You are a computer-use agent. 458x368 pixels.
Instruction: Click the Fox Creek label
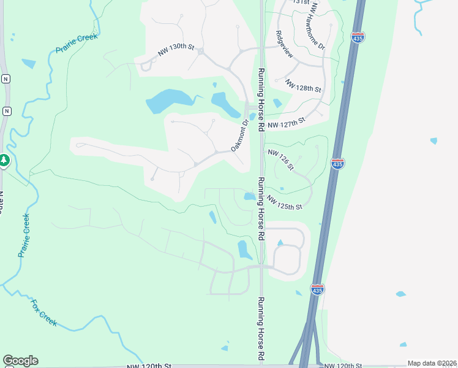45,312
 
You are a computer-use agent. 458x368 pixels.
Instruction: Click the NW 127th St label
285,122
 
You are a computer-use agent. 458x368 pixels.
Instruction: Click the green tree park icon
4,160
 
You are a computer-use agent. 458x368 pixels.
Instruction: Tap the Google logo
20,361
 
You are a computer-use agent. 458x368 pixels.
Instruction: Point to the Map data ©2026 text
432,363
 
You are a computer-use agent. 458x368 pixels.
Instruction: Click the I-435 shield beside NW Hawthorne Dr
359,37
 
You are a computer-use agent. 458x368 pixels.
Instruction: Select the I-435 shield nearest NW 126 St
337,163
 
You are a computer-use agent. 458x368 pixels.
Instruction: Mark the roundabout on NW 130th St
200,52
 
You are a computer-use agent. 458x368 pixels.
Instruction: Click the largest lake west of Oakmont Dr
167,101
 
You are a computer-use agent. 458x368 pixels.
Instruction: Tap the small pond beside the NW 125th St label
249,196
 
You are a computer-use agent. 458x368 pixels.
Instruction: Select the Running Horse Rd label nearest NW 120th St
261,329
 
